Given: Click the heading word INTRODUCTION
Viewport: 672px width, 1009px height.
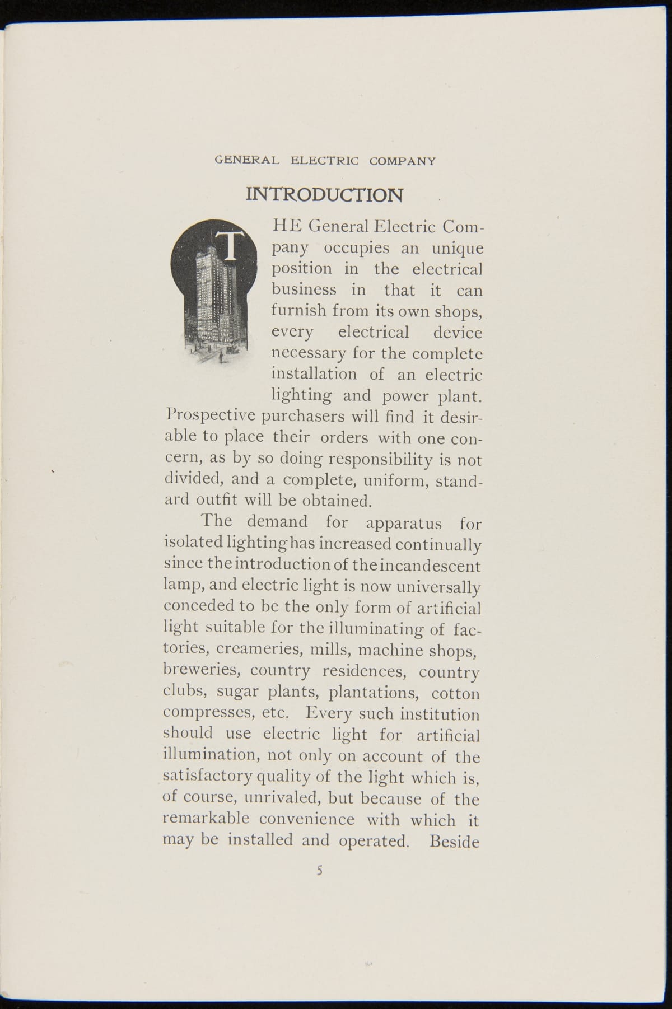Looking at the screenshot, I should coord(324,195).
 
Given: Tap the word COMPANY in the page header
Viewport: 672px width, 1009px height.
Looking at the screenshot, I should coord(402,161).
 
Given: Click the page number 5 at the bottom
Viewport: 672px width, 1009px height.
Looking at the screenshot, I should coord(320,871).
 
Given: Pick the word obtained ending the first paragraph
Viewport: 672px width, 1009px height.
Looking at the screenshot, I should coord(335,499).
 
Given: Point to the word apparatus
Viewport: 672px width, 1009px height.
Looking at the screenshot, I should coord(404,524).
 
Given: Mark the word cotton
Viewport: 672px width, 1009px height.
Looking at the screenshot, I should coord(456,693).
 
